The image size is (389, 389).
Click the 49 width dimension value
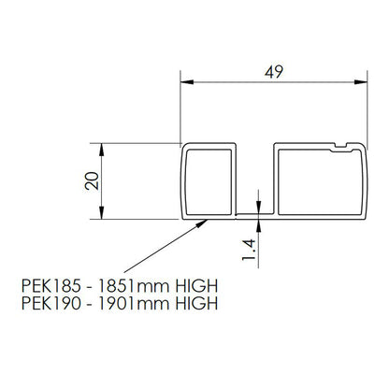pos(274,72)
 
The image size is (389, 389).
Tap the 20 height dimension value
pos(92,180)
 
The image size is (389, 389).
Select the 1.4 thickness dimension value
pos(249,250)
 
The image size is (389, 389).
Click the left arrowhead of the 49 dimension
pos(187,82)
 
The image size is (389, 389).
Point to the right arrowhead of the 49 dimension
pos(361,82)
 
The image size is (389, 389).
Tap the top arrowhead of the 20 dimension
pos(102,150)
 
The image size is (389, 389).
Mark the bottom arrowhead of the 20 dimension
pos(102,213)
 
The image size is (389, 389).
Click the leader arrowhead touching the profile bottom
pos(202,223)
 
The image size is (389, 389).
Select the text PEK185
pos(51,286)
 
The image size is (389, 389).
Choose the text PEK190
pos(51,303)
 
